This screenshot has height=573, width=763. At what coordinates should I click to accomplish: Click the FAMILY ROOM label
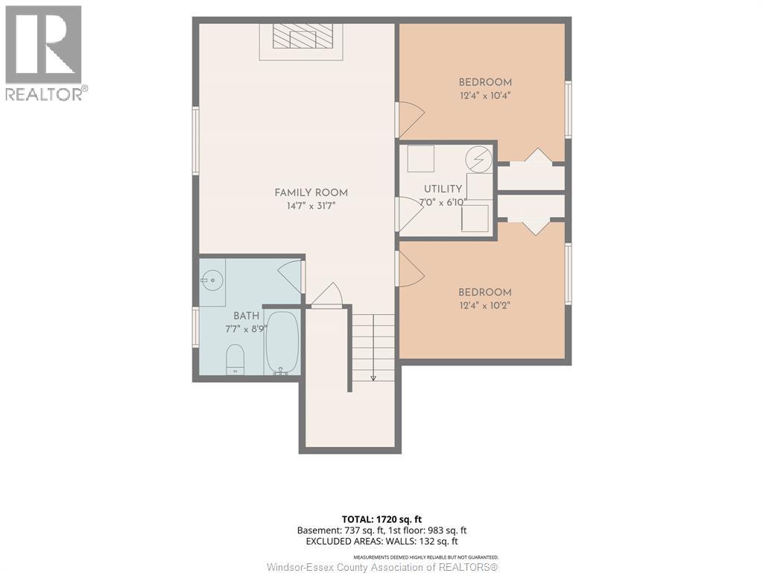coord(311,192)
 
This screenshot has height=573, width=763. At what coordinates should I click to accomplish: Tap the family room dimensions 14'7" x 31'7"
coord(311,206)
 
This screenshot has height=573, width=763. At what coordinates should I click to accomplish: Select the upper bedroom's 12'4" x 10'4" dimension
coord(485,95)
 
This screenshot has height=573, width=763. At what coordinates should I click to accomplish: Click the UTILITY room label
coord(443,189)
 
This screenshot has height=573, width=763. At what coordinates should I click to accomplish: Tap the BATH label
coord(246,316)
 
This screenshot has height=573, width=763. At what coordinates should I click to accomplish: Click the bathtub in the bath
coord(282,343)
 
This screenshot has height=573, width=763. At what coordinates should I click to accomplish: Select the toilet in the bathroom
coord(235,359)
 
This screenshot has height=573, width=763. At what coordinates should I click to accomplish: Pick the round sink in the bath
coord(212,281)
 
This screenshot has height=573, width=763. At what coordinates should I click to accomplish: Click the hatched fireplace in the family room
coord(301,36)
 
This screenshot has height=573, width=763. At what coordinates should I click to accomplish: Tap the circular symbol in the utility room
coord(479,159)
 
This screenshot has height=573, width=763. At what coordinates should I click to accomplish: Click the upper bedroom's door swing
coord(411,119)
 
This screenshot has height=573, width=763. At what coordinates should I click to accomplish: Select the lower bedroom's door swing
coord(411,269)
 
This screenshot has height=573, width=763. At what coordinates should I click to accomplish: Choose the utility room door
coord(411,214)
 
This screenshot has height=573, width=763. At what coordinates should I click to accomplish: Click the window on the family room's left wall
coord(196,141)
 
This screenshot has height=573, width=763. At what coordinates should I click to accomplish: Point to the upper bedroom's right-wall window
coord(568,109)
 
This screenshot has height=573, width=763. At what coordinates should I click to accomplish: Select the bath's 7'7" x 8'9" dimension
coord(246,329)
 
